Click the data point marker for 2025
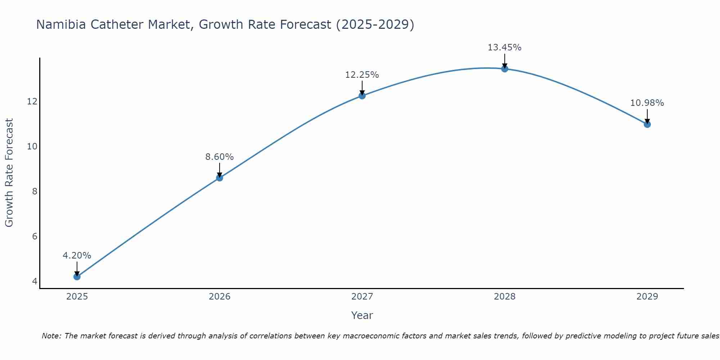(77, 276)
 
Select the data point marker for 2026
(219, 177)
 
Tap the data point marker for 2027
(362, 95)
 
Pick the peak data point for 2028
(504, 69)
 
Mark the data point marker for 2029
(647, 124)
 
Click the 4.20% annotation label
(77, 256)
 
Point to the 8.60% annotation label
(219, 157)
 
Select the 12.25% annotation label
(362, 75)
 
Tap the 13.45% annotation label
(504, 48)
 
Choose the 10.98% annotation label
(647, 103)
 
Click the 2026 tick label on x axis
(219, 297)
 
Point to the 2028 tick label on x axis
(504, 297)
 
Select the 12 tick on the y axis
(32, 102)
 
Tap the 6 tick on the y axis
(35, 237)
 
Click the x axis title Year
(362, 315)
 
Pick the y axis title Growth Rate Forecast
(9, 173)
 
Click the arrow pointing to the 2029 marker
(647, 116)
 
